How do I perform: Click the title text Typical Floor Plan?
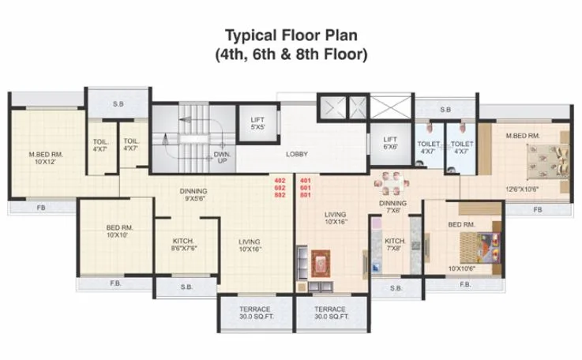(290, 36)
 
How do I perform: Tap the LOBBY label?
(296, 154)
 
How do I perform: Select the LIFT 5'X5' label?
(257, 123)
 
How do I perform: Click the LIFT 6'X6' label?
(389, 142)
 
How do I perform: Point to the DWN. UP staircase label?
(221, 157)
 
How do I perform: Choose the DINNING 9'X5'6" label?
(193, 195)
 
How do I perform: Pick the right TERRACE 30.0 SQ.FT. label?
(330, 313)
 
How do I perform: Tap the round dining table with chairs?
(390, 184)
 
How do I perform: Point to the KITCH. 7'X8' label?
(395, 245)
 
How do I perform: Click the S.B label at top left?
(118, 104)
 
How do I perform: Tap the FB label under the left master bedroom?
(40, 210)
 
